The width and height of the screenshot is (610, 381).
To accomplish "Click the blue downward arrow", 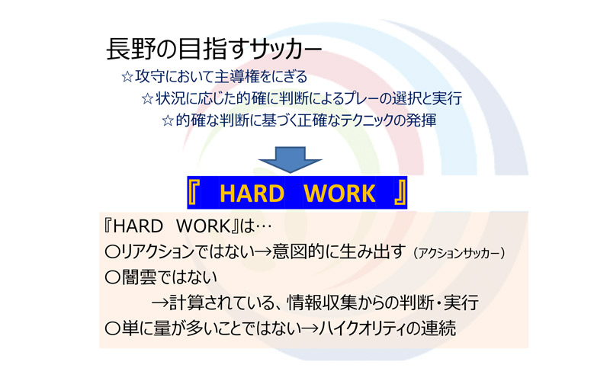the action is pyautogui.click(x=290, y=159).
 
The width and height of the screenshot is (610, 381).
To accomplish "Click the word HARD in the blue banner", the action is pyautogui.click(x=252, y=194).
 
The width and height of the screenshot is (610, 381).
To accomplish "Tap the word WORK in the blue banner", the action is pyautogui.click(x=339, y=194).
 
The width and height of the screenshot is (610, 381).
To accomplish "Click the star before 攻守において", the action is pyautogui.click(x=127, y=77).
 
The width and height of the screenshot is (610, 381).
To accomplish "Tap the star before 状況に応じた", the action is pyautogui.click(x=147, y=99).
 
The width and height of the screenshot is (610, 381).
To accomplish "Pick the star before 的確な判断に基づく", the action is pyautogui.click(x=168, y=120).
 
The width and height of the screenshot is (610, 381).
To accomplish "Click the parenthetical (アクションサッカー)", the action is pyautogui.click(x=459, y=254).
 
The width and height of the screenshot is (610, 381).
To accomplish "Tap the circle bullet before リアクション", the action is pyautogui.click(x=112, y=252).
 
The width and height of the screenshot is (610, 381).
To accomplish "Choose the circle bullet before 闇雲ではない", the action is pyautogui.click(x=112, y=277).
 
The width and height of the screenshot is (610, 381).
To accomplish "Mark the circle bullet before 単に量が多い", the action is pyautogui.click(x=112, y=328).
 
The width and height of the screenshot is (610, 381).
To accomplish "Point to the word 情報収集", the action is pyautogui.click(x=321, y=303).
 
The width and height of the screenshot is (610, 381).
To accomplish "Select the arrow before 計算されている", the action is pyautogui.click(x=160, y=303).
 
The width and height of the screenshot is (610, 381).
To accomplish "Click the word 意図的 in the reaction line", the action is pyautogui.click(x=297, y=252).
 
